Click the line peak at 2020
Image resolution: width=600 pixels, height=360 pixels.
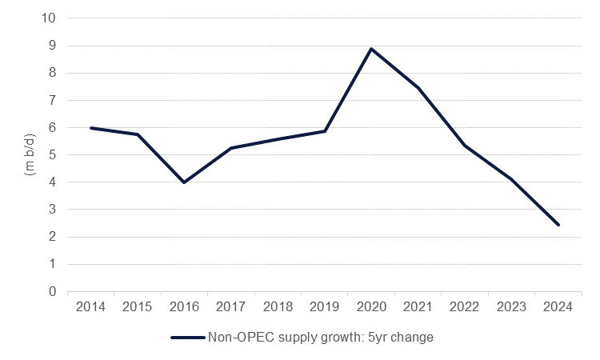coord(371,49)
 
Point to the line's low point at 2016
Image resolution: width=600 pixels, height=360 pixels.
coord(184,182)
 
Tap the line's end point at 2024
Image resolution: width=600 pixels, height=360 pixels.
coord(558,225)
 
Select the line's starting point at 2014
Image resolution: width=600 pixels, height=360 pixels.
coord(90,128)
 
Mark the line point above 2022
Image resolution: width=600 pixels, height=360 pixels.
coord(465,146)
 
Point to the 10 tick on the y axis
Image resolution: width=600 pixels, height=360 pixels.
coord(49,18)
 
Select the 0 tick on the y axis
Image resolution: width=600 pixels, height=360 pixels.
coord(52,292)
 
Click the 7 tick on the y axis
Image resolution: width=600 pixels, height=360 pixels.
coord(52,101)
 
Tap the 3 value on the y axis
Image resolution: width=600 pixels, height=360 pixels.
coord(52,210)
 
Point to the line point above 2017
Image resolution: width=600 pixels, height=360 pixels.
coord(231,148)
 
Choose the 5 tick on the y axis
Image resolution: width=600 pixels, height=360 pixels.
coord(52,155)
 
